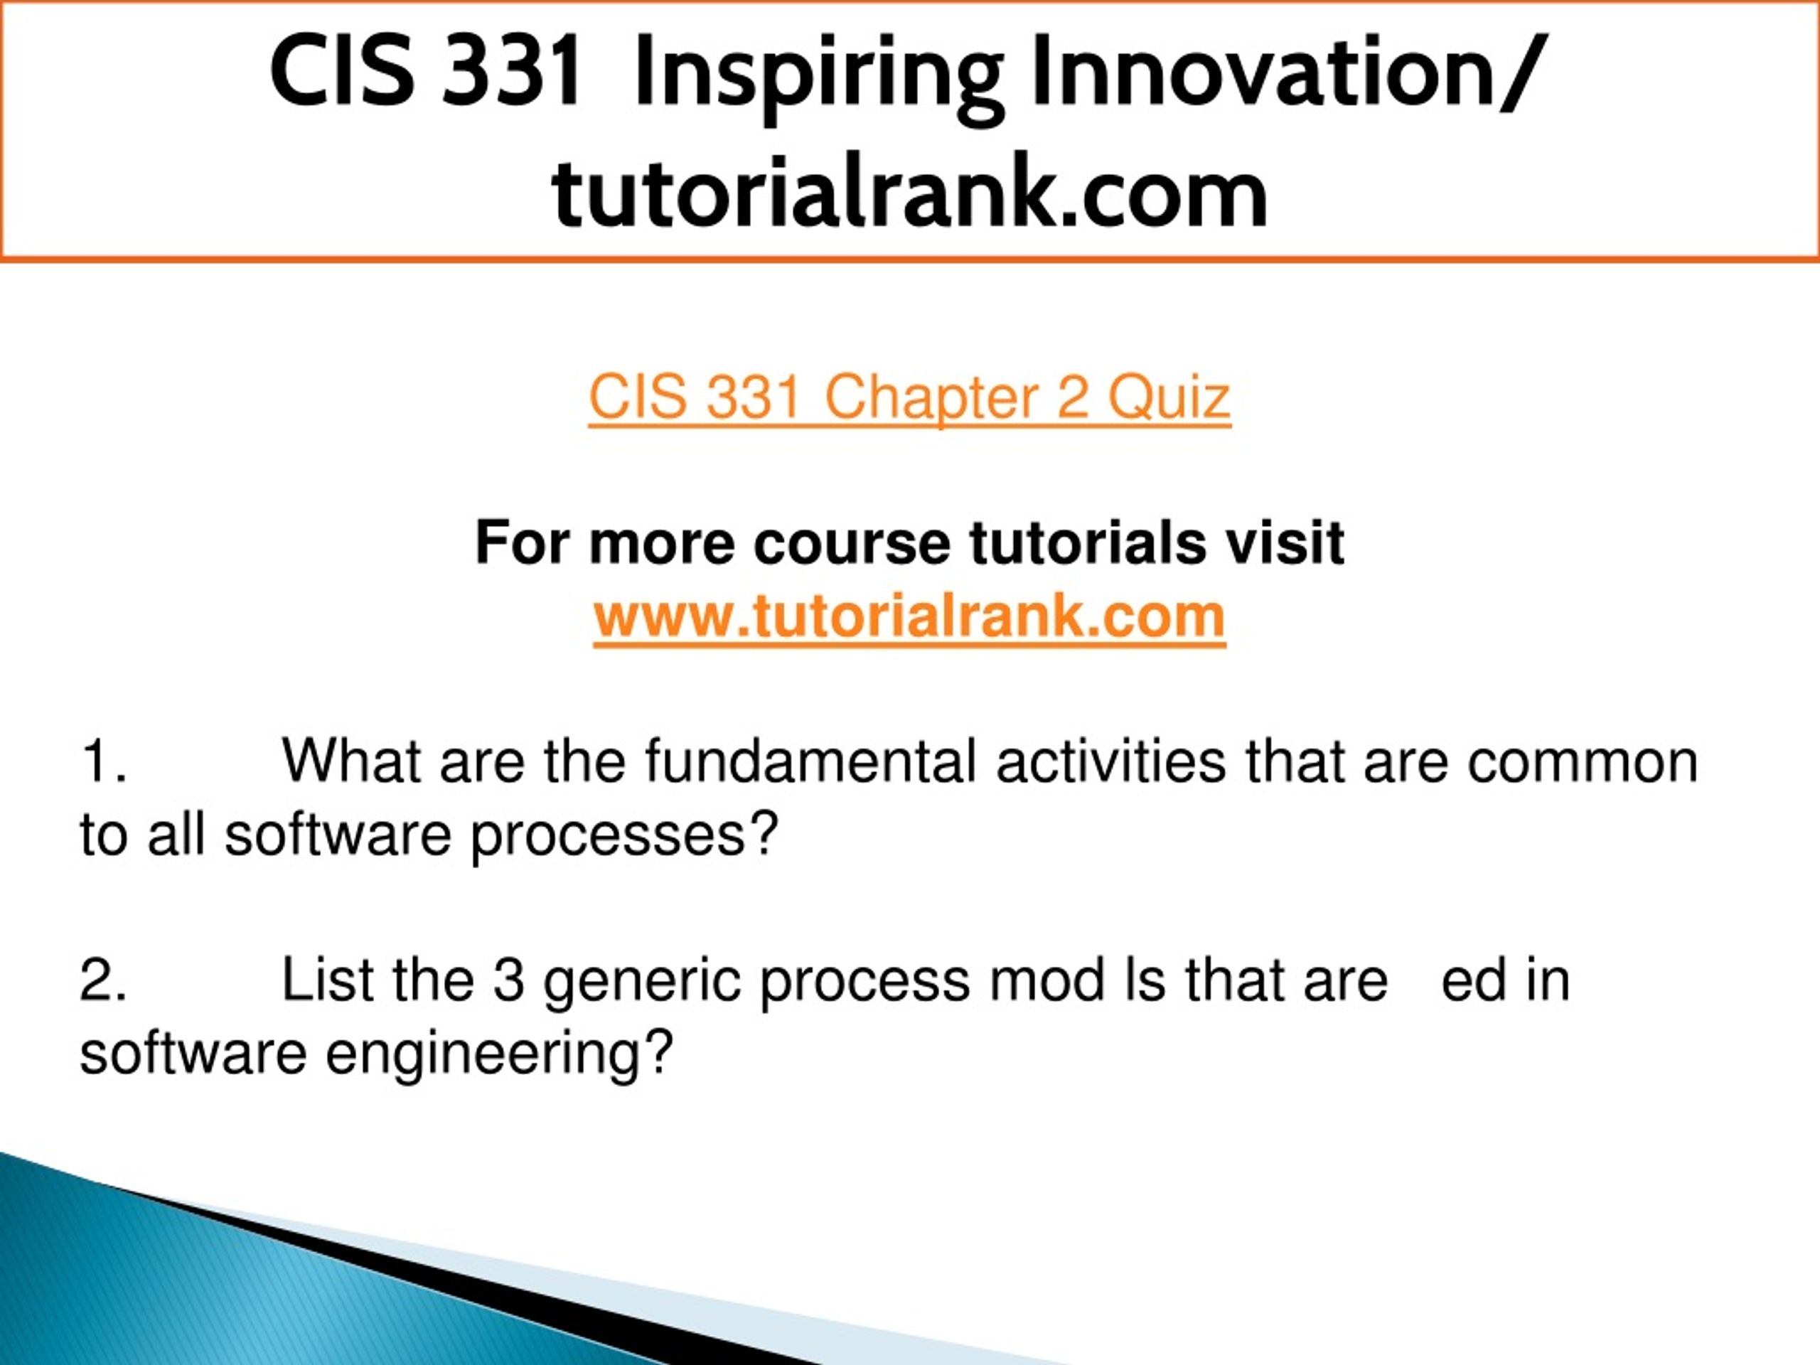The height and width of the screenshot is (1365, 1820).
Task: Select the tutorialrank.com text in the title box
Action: [910, 193]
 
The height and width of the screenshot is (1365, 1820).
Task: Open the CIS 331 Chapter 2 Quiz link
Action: [909, 398]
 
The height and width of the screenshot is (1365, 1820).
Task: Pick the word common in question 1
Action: [1583, 763]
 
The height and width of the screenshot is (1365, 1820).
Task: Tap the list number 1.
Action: [103, 761]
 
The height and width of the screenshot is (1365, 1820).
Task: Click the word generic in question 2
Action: [642, 982]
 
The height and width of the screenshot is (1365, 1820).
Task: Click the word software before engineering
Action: [193, 1053]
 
